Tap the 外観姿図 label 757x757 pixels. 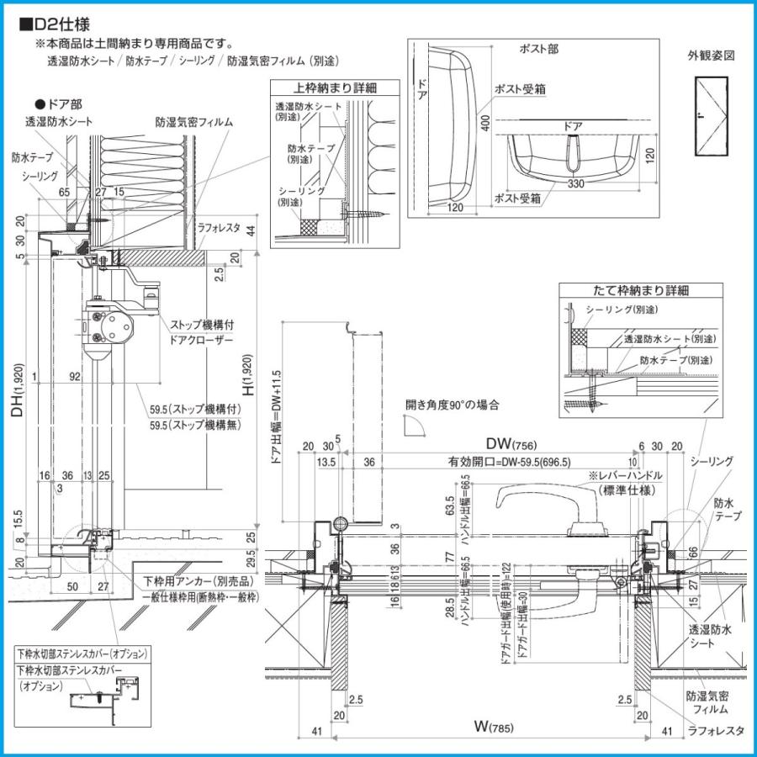click(x=711, y=56)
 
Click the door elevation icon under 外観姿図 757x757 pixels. click(x=711, y=117)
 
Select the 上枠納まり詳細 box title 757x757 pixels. click(x=335, y=87)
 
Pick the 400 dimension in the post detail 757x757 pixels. click(x=485, y=124)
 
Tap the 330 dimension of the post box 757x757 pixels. click(x=574, y=183)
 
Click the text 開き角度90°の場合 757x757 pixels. click(x=452, y=405)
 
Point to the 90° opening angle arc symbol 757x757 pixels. click(x=415, y=428)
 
